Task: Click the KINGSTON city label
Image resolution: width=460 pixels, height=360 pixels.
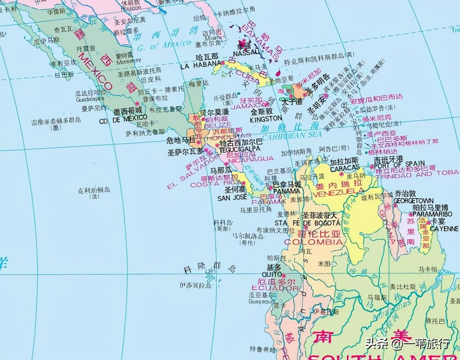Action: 266,119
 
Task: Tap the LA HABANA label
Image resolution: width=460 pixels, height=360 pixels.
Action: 200,66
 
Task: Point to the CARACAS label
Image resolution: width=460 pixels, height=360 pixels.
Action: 345,168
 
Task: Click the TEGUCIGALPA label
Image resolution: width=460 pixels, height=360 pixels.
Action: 240,148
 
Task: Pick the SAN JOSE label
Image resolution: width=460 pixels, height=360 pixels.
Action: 232,198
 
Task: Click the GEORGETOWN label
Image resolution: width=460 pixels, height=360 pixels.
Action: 414,200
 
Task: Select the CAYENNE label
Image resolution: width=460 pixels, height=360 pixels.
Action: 444,229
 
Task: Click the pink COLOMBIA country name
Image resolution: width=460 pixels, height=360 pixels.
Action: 313,242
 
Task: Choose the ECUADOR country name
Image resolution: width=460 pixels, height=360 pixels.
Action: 275,288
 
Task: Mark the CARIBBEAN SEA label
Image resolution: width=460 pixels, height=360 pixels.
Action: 291,135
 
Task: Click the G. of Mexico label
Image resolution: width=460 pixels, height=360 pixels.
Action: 165,45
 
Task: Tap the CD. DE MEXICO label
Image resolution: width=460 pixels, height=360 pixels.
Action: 123,119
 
